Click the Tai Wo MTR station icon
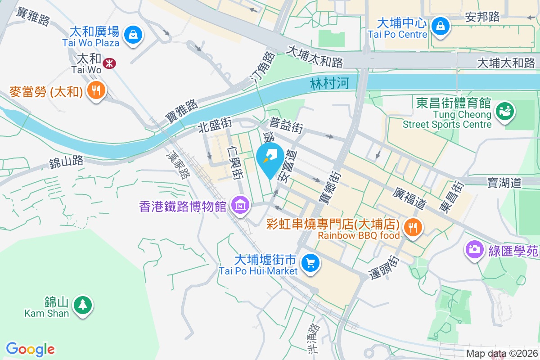click(x=109, y=63)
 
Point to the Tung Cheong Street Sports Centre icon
click(x=505, y=111)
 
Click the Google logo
click(x=31, y=349)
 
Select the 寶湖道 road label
click(x=504, y=182)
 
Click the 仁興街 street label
click(x=235, y=162)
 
